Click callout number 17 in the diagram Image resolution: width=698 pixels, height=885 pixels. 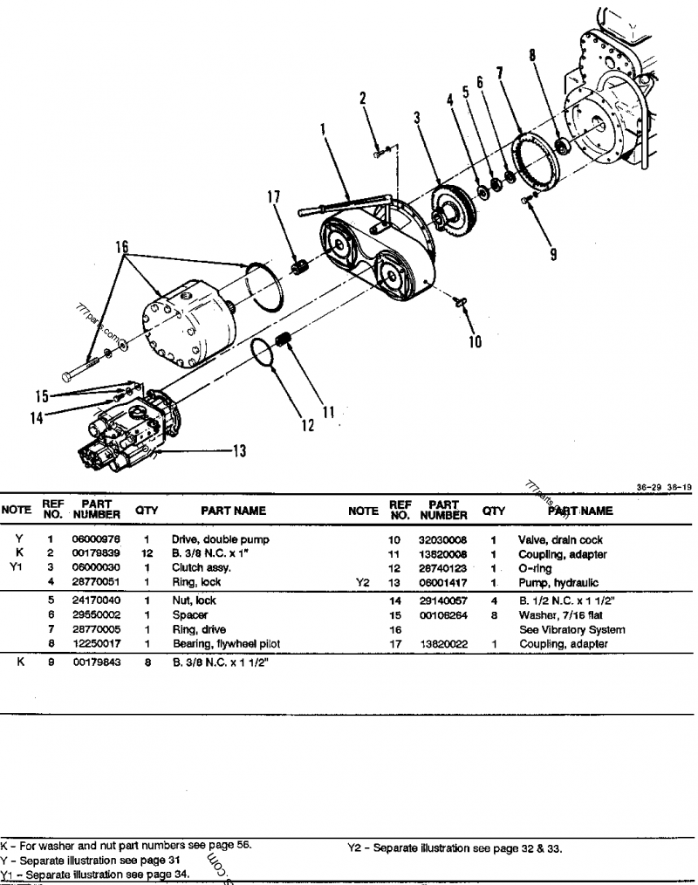click(274, 198)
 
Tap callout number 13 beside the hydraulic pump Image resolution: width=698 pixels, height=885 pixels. click(238, 450)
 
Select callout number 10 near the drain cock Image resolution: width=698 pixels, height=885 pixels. click(476, 341)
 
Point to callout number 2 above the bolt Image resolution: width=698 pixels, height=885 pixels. click(363, 99)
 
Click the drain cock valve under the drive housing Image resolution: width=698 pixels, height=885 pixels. click(462, 301)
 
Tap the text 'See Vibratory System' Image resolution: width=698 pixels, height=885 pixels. click(571, 630)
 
